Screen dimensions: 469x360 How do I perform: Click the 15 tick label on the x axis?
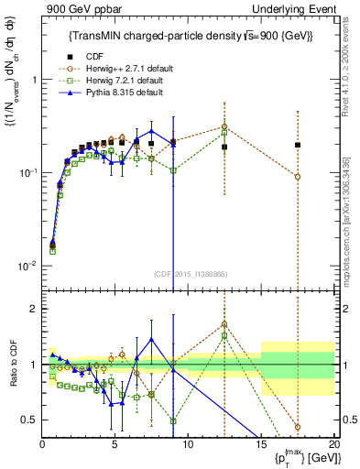click(261, 444)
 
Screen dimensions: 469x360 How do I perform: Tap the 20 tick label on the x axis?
click(333, 444)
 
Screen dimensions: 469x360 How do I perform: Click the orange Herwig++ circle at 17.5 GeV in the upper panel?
click(298, 177)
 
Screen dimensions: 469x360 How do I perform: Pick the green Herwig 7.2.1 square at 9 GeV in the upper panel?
click(173, 170)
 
